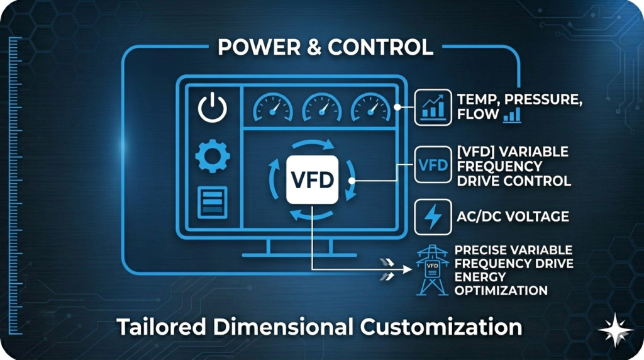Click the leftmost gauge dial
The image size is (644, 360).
coord(273,108)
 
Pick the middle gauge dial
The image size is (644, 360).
coord(322,108)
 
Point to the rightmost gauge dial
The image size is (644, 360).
coord(370,108)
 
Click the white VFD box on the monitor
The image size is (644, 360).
coord(313,179)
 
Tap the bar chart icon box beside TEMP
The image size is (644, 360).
coord(433,107)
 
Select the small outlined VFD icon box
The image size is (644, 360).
coord(433,165)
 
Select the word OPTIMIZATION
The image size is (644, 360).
coord(501,291)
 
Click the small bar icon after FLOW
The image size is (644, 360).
coord(511,115)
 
